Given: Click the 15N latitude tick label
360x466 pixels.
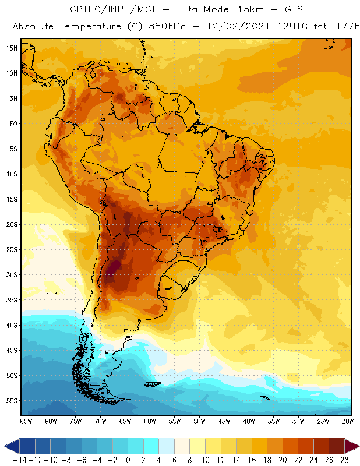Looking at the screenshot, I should coord(12,48).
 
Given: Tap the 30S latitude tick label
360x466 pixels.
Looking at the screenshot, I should coord(12,274).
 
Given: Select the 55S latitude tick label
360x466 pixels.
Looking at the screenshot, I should coord(12,401).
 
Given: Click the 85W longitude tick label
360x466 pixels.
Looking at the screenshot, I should coord(26,421).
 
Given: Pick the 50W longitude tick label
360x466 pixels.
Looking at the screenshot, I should coord(199,421).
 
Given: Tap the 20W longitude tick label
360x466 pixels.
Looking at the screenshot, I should coord(348,421).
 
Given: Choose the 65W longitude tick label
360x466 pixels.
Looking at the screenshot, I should coord(125,421).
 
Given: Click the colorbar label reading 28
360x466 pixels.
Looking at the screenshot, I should coord(344,460).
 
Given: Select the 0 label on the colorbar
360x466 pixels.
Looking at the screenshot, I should coord(128,460).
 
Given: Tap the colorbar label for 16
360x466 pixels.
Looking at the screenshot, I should coord(252,460).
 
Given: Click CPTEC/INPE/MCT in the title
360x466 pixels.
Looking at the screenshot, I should coord(110,10).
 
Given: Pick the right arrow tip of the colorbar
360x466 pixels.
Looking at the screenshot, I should coord(356,446).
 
